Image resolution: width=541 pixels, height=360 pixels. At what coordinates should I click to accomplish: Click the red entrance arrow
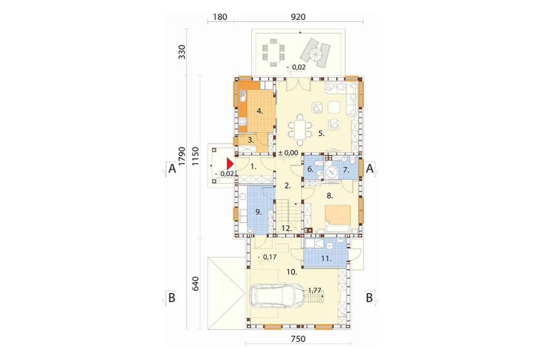tap(230, 163)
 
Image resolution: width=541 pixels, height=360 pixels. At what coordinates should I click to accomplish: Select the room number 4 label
tap(260, 111)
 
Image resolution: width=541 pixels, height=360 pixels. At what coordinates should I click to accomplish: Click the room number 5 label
tap(321, 133)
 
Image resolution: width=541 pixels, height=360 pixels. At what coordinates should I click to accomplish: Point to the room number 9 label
tap(259, 212)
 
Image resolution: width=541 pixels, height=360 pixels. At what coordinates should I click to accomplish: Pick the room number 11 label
tap(326, 258)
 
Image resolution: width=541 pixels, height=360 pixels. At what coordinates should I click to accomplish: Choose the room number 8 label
tap(329, 196)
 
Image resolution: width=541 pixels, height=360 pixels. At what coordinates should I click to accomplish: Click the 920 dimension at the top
tap(298, 17)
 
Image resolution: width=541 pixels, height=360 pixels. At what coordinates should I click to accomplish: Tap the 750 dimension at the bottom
tap(298, 339)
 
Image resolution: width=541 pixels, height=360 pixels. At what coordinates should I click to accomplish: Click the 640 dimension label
tap(195, 283)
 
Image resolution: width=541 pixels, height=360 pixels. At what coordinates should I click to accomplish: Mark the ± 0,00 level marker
tap(288, 153)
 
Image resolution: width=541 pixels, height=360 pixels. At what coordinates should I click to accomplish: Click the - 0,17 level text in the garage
tap(267, 257)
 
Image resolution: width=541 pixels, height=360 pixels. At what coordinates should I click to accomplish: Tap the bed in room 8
tap(338, 218)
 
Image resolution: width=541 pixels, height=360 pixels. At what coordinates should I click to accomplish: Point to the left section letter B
tap(171, 297)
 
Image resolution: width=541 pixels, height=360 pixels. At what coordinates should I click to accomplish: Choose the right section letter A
tap(370, 169)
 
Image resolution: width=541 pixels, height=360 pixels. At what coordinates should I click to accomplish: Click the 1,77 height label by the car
tap(314, 290)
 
